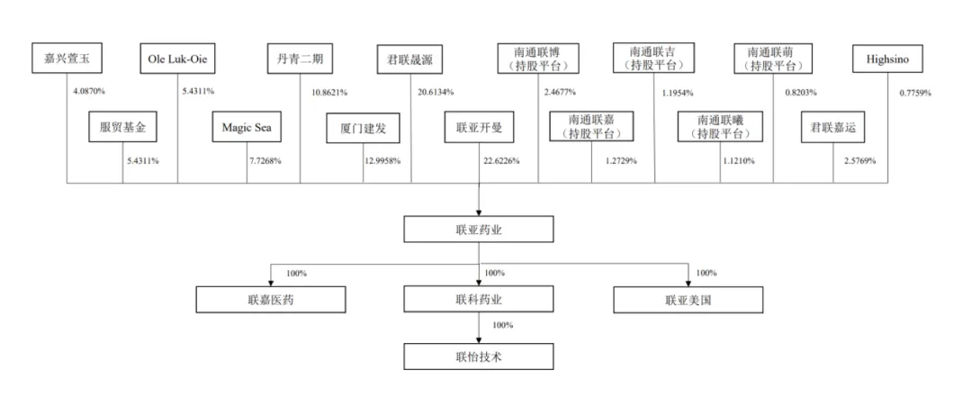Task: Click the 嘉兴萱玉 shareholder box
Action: [x=67, y=59]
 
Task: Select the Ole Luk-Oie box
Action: [x=177, y=59]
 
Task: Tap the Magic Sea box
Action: [x=247, y=127]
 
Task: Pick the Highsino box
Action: [x=887, y=59]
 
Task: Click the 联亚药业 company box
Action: [x=479, y=229]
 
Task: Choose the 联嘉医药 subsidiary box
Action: [x=271, y=300]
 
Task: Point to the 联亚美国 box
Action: [x=688, y=300]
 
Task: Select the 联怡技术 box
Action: [x=479, y=356]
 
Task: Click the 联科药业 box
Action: [x=479, y=299]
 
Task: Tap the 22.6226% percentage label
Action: [x=501, y=161]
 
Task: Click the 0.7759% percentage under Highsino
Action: [x=915, y=93]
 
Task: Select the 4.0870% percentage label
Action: [x=89, y=92]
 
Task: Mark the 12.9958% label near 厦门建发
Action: [x=382, y=161]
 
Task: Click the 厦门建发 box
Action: [x=364, y=129]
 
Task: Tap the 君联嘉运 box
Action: [x=833, y=127]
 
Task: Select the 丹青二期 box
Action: [x=300, y=59]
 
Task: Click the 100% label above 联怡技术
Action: [x=503, y=325]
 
